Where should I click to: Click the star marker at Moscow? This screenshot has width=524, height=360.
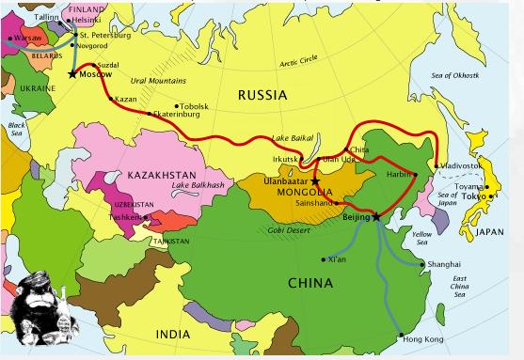point(72,73)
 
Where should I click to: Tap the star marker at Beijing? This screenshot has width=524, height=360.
point(376,216)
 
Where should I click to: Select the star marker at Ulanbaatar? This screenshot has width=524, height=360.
point(315,181)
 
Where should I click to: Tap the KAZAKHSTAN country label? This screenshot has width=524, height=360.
point(162,175)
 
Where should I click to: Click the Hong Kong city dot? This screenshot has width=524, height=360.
point(402,335)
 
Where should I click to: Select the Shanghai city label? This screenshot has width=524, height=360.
point(444,265)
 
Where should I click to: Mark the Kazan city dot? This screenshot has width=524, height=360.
point(110,98)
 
